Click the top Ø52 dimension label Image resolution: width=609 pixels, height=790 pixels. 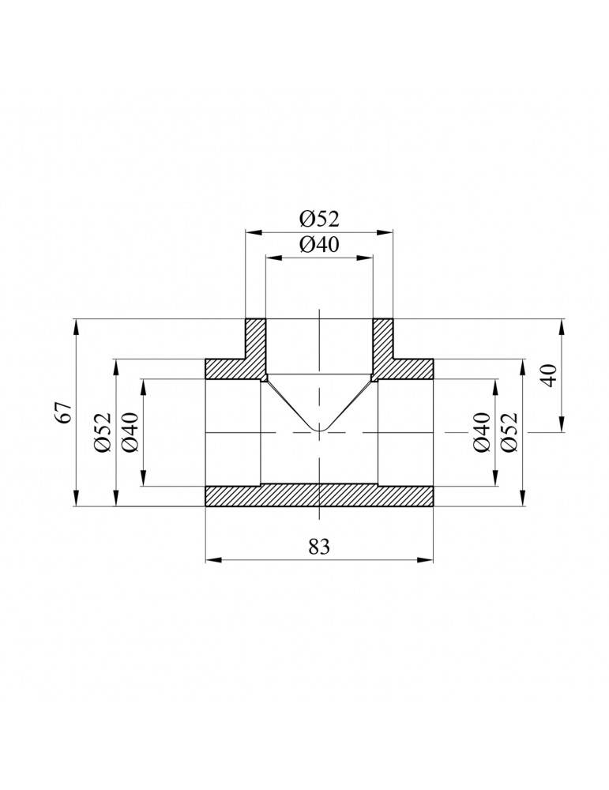click(319, 219)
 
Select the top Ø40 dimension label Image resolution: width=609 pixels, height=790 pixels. click(319, 244)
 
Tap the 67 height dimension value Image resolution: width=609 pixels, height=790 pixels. click(66, 412)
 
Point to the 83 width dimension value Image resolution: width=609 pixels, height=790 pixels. click(319, 546)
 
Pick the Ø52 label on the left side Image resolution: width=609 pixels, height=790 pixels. click(102, 432)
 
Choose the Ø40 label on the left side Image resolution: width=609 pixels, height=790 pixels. click(130, 432)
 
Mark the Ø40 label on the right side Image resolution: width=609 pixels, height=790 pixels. click(482, 432)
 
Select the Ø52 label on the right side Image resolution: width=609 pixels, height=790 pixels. click(509, 432)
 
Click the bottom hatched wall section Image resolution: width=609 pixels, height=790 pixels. click(319, 496)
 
